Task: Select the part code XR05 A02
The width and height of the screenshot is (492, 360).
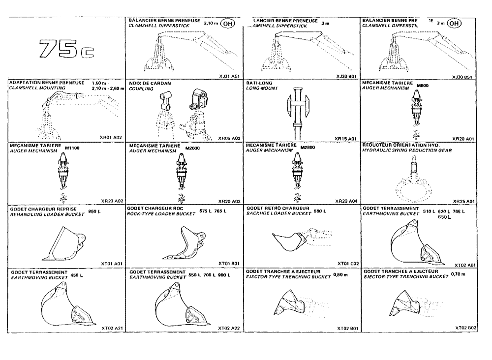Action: coord(228,139)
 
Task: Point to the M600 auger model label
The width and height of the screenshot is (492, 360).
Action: coord(422,86)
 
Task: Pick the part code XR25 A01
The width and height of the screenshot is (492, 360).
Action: coord(463,202)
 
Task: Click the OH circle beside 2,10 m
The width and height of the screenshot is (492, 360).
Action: coord(227,23)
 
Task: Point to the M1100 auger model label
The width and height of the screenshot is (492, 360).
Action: coord(72,149)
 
